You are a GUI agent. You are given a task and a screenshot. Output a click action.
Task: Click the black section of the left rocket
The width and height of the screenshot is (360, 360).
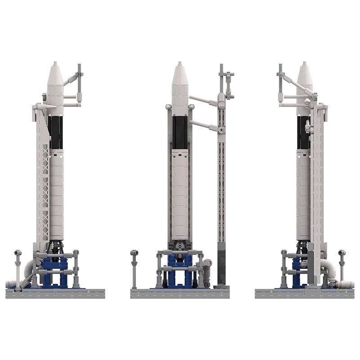point(56,132)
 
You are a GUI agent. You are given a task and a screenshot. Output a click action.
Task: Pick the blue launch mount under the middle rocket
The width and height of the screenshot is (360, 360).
point(180,270)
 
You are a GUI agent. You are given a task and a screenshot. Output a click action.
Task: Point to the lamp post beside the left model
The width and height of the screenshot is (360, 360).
point(18,268)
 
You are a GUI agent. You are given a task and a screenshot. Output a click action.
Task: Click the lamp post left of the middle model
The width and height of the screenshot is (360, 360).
point(134,268)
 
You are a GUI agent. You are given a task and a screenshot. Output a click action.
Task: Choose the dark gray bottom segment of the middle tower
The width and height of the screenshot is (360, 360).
point(222,267)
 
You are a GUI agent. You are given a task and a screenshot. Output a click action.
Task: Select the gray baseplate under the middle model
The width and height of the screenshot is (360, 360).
point(180,293)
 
